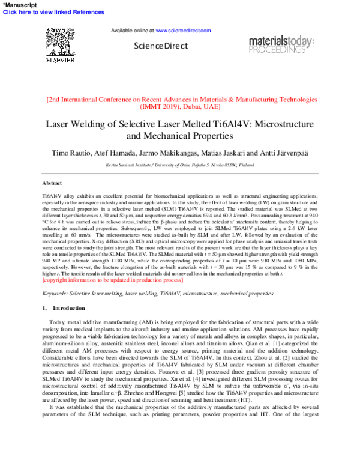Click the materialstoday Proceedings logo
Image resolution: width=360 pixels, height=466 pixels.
click(x=281, y=45)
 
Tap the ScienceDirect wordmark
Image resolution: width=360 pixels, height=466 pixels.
click(x=161, y=46)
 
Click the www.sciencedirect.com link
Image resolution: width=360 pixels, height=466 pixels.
click(x=183, y=30)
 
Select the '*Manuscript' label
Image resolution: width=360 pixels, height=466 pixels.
click(x=20, y=4)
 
